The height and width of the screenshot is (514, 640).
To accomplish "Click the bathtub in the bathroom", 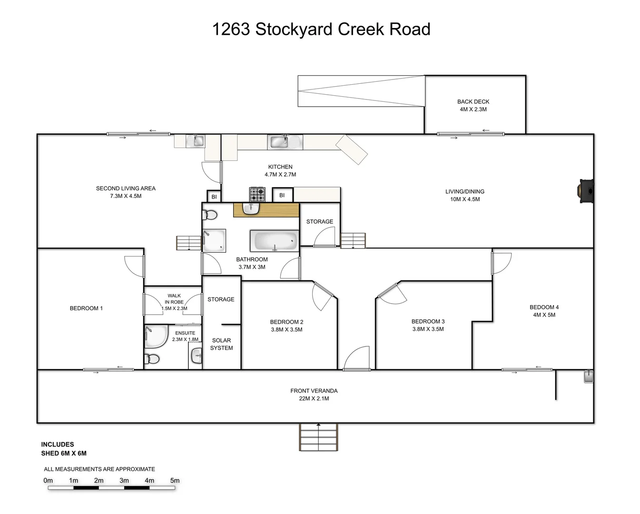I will [274, 241].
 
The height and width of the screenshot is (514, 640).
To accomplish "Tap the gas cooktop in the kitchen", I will [257, 194].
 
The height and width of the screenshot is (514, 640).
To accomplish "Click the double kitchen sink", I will [285, 141].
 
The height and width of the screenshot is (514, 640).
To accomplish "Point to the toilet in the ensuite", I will [152, 359].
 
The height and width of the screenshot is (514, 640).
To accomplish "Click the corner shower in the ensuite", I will [156, 336].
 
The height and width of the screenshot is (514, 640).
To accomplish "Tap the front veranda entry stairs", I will [318, 437].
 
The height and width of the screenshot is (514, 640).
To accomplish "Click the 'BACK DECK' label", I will [473, 102].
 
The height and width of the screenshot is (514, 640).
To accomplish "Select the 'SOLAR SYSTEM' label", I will [221, 344].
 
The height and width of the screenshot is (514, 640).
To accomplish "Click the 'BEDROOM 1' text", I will [86, 308].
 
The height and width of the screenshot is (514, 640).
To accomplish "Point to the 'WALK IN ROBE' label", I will [174, 299].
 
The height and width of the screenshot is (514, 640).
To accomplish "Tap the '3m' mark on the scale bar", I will [124, 481].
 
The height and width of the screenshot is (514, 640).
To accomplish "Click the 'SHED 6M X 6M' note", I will [64, 454].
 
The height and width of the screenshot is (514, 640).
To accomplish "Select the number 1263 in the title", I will [231, 30].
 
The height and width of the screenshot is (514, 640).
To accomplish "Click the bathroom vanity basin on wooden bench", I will [251, 208].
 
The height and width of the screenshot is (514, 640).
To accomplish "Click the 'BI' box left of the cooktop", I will [214, 197].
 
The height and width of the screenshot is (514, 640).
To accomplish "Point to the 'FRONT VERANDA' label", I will [314, 391].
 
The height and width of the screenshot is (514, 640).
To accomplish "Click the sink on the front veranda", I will [589, 376].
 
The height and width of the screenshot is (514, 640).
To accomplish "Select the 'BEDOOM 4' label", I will [544, 307].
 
